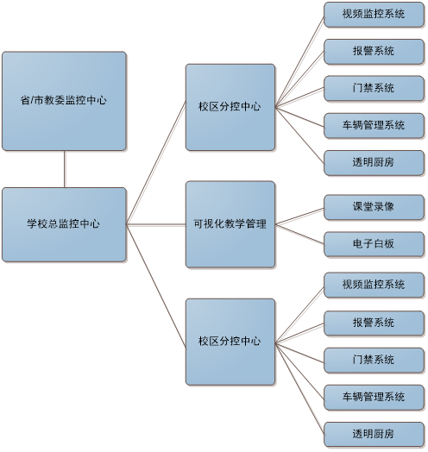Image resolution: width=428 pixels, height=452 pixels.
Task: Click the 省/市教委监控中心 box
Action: pos(64,101)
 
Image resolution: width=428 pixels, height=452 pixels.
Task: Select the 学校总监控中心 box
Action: pos(64,224)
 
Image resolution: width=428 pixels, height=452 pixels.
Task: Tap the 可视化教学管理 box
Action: pos(230,224)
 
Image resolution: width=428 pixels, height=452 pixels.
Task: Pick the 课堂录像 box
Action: pos(374,207)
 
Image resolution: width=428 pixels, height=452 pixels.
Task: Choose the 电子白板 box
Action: pos(374,244)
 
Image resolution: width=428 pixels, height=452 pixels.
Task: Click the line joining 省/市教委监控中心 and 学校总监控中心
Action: pos(65,169)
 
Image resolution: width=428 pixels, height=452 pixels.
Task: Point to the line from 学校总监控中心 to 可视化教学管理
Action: pos(156,224)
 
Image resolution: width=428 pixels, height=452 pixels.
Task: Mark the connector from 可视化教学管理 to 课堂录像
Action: pos(299,217)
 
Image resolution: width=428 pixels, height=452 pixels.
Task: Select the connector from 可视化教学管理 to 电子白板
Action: pos(299,234)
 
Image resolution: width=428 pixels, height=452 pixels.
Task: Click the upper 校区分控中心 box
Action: pos(230,107)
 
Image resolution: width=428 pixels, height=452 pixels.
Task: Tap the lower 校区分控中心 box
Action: pos(230,342)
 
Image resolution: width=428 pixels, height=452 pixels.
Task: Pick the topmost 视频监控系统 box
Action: pos(374,15)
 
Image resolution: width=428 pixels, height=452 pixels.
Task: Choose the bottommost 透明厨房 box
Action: pos(374,435)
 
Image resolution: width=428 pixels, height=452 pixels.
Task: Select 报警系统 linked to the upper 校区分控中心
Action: pos(374,52)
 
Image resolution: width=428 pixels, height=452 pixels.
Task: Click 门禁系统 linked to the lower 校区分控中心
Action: pos(374,361)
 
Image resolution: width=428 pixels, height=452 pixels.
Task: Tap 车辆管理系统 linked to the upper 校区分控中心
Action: pos(374,126)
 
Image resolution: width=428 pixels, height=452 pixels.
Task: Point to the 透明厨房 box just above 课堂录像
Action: pos(374,163)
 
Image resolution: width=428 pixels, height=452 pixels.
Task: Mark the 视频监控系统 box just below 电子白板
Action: pos(374,286)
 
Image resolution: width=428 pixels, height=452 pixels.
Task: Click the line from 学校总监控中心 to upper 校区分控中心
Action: pos(156,163)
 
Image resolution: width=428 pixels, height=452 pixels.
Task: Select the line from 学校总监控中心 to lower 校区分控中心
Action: pos(156,286)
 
